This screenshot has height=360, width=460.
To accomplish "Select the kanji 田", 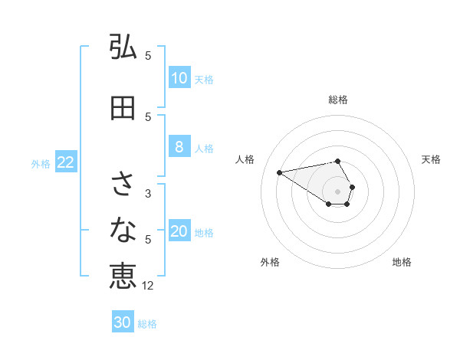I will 123,108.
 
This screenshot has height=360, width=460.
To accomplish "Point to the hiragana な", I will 123,228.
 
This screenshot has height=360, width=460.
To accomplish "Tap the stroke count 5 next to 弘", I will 148,55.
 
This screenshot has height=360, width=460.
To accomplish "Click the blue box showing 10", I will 179,78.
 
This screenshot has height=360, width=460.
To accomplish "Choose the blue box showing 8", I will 179,147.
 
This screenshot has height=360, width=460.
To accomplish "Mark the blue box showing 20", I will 179,231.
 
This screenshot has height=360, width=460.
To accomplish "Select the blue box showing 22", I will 66,162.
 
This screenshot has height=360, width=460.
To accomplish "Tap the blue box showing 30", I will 123,322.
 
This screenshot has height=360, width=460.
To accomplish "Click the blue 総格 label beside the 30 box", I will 147,324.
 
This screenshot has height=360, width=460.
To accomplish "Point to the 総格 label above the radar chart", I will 338,100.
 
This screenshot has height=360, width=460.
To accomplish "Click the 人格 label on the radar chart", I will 245,159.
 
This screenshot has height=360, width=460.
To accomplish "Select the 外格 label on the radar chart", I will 270,262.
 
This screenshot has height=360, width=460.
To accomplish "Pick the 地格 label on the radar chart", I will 402,262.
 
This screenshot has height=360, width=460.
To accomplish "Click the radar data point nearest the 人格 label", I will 279,172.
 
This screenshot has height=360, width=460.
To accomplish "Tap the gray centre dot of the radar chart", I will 338,191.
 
